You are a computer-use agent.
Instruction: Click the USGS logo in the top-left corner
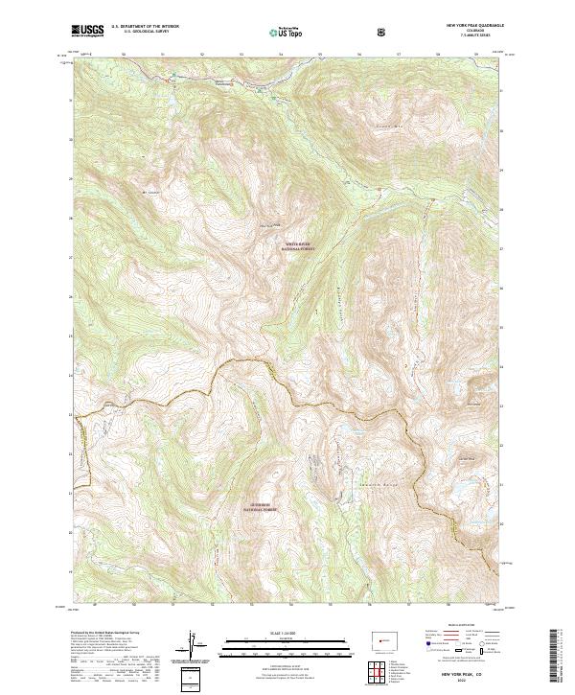coord(87,31)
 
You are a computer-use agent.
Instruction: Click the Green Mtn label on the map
coord(386,126)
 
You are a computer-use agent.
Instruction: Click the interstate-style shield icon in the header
coord(384,32)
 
